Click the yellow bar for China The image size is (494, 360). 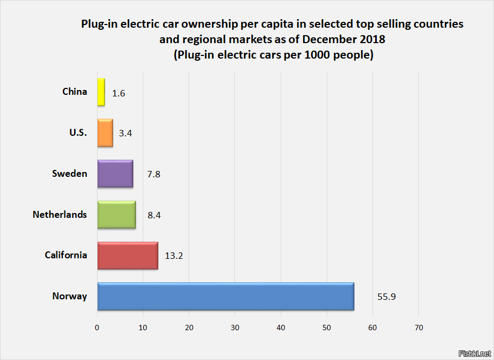tap(101, 92)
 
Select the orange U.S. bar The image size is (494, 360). tap(105, 133)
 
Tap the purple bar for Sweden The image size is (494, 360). tap(115, 174)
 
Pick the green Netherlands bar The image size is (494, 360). tap(117, 215)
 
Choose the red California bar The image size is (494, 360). tap(128, 256)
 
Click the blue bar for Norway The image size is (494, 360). tap(226, 296)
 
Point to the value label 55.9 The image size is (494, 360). tap(386, 297)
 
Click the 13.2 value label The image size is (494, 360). tap(174, 256)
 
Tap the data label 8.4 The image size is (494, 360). tap(154, 215)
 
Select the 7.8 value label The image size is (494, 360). tap(154, 174)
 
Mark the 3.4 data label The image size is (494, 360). tap(125, 134)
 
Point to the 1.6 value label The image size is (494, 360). tap(118, 93)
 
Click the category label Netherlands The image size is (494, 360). tap(60, 215)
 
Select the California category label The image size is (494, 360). tap(66, 255)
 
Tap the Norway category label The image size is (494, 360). tap(69, 296)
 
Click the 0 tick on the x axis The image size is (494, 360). tap(98, 328)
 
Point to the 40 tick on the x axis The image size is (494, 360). tap(281, 328)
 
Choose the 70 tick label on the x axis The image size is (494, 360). tap(419, 328)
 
